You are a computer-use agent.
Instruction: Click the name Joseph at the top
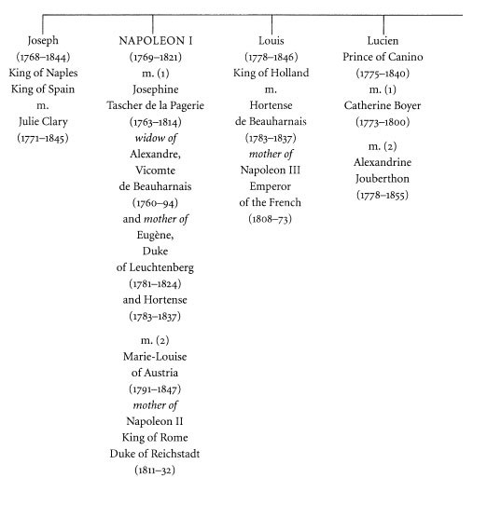(43, 41)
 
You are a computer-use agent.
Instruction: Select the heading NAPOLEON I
(156, 41)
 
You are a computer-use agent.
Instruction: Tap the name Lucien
(383, 41)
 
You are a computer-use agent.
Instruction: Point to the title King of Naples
(43, 73)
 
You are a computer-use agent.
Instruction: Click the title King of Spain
(43, 89)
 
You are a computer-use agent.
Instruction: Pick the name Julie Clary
(43, 121)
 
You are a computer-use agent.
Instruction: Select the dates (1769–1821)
(156, 57)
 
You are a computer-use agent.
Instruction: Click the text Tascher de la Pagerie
(156, 105)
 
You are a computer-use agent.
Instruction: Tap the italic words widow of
(156, 138)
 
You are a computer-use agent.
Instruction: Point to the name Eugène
(155, 235)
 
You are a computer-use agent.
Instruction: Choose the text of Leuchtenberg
(155, 267)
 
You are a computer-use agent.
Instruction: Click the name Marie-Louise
(155, 357)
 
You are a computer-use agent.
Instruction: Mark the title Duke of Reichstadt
(155, 454)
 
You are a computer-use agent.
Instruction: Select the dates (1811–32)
(155, 470)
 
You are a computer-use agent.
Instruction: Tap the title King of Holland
(271, 73)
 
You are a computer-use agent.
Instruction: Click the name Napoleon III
(271, 171)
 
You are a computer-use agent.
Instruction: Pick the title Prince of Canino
(383, 57)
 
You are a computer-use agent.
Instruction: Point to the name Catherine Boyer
(383, 105)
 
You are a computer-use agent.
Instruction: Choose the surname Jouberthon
(383, 178)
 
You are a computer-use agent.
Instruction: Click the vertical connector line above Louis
(271, 24)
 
